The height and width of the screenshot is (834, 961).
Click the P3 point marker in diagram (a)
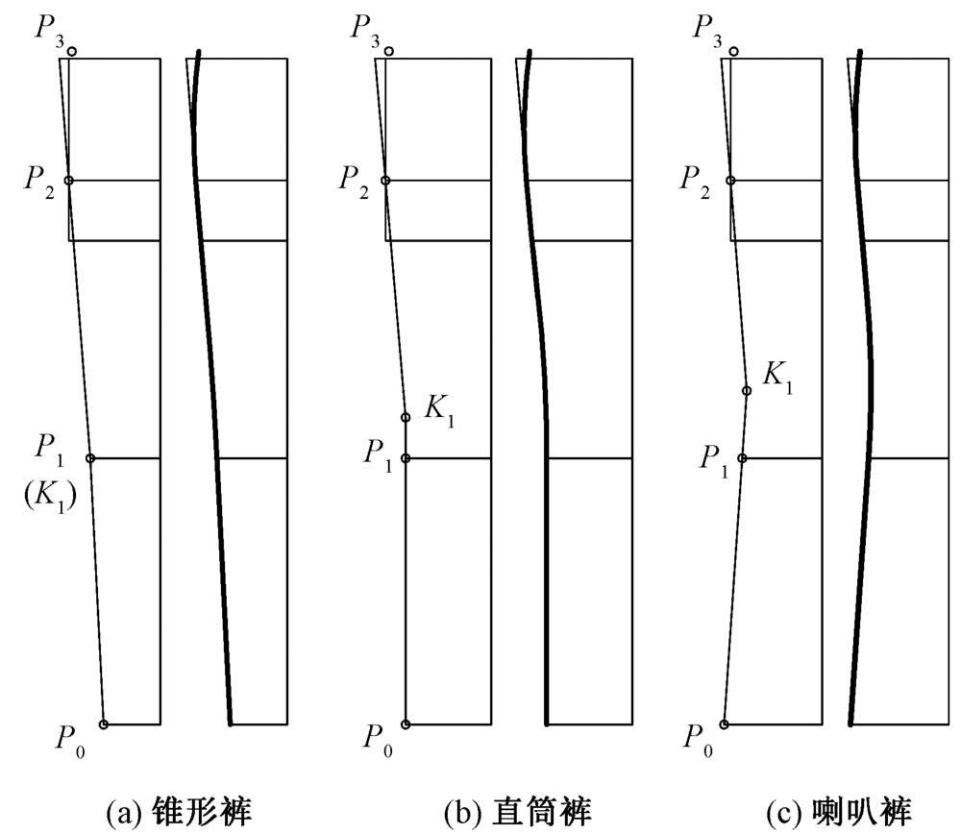(72, 51)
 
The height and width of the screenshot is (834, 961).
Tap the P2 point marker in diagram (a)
(68, 181)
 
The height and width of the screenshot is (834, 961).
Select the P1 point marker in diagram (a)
(90, 458)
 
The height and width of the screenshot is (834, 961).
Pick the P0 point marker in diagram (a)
(104, 724)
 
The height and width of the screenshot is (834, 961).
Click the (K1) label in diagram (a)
(49, 497)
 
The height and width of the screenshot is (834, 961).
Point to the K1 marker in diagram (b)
(406, 418)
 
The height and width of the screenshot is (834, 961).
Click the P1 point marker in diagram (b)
(406, 458)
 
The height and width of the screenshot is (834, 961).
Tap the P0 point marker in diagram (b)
(406, 724)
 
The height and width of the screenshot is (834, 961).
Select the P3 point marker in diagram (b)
(388, 51)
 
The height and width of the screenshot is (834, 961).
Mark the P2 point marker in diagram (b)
(385, 181)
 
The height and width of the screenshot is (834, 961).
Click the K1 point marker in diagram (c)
(747, 391)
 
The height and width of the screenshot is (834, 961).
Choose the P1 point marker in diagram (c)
(741, 458)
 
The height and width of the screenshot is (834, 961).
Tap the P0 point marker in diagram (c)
(724, 724)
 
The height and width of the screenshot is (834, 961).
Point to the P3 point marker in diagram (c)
(734, 51)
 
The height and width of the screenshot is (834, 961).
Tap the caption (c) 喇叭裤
(835, 812)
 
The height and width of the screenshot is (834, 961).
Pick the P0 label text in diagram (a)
(70, 740)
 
